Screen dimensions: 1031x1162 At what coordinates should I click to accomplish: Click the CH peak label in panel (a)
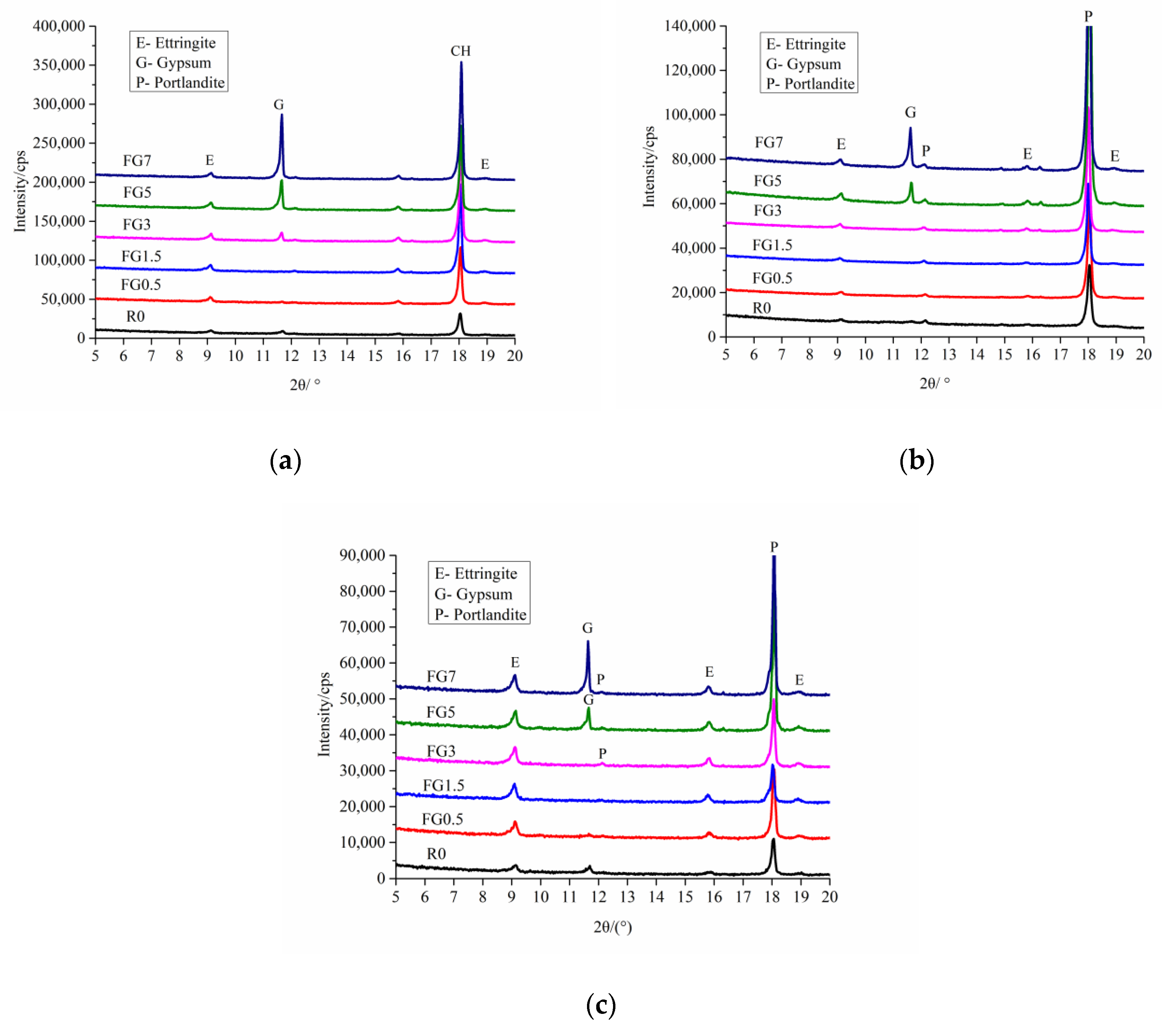click(x=461, y=51)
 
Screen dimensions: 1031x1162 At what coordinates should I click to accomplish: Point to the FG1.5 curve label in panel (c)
click(x=443, y=785)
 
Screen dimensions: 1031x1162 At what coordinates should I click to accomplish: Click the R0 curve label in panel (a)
click(x=135, y=317)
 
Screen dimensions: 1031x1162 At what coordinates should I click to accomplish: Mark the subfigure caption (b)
click(x=916, y=460)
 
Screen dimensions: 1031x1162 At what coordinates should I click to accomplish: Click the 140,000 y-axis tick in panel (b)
click(x=690, y=26)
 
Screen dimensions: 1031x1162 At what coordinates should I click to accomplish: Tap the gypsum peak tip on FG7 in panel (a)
click(x=282, y=115)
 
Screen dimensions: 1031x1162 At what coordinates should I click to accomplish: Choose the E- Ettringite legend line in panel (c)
click(x=476, y=574)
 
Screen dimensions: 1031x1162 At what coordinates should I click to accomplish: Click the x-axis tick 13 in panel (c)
click(x=627, y=897)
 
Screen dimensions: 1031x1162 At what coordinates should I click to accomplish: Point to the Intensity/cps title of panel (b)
click(x=649, y=166)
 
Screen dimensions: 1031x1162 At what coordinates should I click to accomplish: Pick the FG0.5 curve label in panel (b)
click(x=772, y=278)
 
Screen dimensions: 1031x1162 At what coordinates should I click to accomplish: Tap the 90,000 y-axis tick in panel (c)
click(x=362, y=555)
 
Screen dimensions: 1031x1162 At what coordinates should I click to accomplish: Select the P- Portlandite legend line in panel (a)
click(x=180, y=83)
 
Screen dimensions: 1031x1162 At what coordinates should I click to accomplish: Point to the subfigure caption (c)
click(x=601, y=1005)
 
